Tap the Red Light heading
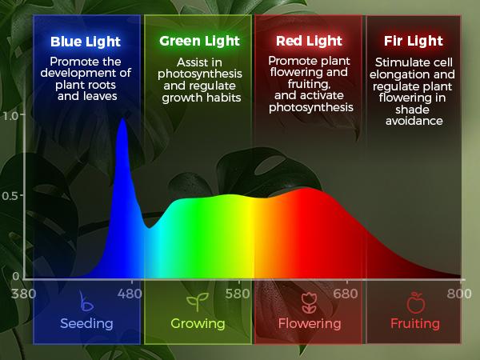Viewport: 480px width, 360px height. [310, 41]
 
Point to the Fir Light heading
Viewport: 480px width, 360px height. [413, 41]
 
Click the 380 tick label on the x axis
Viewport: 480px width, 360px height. [24, 293]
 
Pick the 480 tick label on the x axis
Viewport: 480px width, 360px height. [130, 293]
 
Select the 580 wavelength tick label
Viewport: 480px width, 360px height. [238, 293]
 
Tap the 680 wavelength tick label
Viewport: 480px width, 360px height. [346, 293]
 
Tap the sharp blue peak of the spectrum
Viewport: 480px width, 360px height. [122, 122]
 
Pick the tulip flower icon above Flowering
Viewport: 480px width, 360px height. [309, 303]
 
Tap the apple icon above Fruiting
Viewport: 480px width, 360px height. [414, 303]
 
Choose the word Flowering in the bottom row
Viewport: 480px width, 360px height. [309, 324]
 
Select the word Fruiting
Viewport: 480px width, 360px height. [414, 324]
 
